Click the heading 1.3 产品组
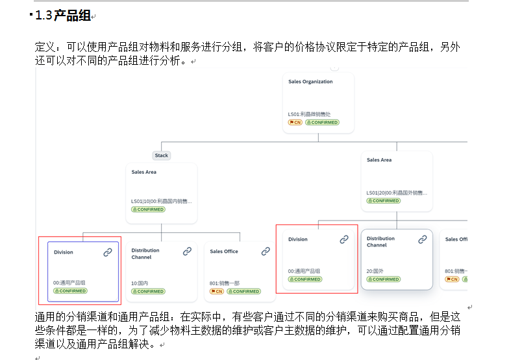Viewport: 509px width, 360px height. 63,16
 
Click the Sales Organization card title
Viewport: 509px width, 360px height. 310,82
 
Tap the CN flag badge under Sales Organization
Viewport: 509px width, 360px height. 295,122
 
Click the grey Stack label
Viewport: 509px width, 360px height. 162,155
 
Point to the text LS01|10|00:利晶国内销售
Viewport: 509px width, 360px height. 161,202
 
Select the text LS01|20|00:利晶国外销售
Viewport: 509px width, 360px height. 396,193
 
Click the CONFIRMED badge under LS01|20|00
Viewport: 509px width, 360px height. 384,200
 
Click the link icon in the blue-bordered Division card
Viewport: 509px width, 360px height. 108,252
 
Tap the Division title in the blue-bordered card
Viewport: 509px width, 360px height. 64,252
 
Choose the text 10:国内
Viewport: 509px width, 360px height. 140,283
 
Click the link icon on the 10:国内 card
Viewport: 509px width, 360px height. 187,251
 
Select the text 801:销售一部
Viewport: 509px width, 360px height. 224,283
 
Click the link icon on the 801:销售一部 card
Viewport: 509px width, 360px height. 266,251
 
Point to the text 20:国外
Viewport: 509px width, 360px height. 375,271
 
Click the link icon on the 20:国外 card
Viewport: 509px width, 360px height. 422,239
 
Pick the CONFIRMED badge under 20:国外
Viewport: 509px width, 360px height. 384,279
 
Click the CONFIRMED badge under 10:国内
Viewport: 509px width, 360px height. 148,291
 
